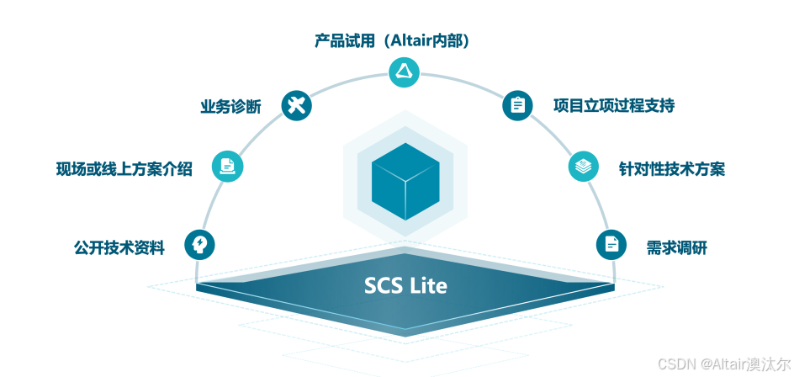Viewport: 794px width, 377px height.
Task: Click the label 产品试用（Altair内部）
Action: click(x=391, y=40)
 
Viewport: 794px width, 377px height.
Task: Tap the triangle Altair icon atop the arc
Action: click(x=403, y=72)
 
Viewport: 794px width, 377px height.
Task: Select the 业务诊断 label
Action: click(x=230, y=107)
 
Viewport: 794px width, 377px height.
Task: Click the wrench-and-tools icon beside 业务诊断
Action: click(x=296, y=106)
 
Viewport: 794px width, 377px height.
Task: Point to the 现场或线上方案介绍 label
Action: click(x=124, y=169)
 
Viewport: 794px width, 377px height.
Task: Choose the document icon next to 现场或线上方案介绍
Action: click(x=227, y=165)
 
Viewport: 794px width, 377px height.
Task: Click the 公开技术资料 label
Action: click(x=119, y=247)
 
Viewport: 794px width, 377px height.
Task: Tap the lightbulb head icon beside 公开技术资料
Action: click(x=199, y=245)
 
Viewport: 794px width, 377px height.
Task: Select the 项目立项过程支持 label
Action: click(x=613, y=106)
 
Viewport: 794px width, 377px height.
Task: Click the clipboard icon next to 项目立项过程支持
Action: click(x=517, y=105)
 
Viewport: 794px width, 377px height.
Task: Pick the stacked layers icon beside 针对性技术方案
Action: click(x=582, y=167)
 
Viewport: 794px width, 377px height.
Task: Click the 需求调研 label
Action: click(x=676, y=247)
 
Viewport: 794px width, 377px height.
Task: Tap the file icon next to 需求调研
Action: click(x=611, y=245)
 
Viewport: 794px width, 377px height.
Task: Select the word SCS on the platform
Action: click(x=383, y=286)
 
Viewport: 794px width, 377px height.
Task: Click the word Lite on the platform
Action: click(x=428, y=286)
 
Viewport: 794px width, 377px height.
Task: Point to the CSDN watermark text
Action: click(x=674, y=364)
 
